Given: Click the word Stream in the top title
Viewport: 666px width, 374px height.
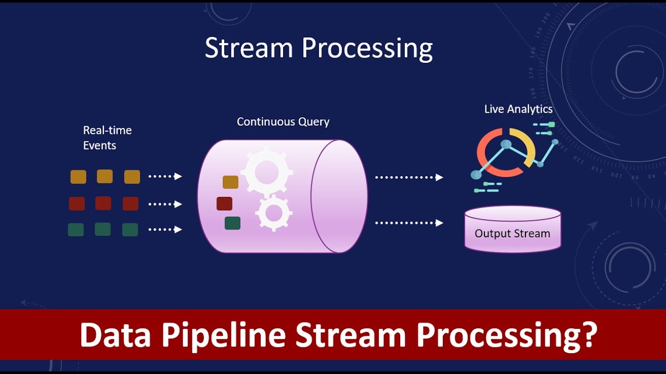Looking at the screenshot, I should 249,48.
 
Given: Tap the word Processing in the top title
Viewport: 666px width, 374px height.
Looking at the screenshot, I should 367,49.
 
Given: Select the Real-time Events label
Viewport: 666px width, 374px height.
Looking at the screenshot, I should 107,138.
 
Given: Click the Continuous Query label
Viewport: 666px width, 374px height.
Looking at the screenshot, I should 283,122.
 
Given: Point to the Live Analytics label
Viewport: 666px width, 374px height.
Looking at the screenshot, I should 518,109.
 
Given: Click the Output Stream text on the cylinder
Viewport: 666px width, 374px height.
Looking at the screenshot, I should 512,234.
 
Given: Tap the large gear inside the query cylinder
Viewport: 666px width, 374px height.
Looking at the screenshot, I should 266,171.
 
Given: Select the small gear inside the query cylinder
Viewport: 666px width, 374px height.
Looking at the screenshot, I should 274,213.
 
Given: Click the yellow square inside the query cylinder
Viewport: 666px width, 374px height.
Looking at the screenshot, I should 230,182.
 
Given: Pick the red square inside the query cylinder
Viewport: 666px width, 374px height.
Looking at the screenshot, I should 224,204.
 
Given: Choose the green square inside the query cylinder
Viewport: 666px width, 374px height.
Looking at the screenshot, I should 233,223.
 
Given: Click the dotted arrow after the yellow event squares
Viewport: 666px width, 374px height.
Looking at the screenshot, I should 165,177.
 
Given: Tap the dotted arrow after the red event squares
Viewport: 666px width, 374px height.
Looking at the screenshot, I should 165,204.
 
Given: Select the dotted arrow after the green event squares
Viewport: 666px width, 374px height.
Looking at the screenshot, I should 165,230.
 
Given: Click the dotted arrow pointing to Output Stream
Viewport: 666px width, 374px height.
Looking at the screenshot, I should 409,223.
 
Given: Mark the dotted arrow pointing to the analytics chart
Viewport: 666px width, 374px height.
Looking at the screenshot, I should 409,178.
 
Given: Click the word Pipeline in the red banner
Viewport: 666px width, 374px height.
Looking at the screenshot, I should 223,336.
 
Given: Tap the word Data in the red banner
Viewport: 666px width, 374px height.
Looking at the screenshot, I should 116,335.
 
